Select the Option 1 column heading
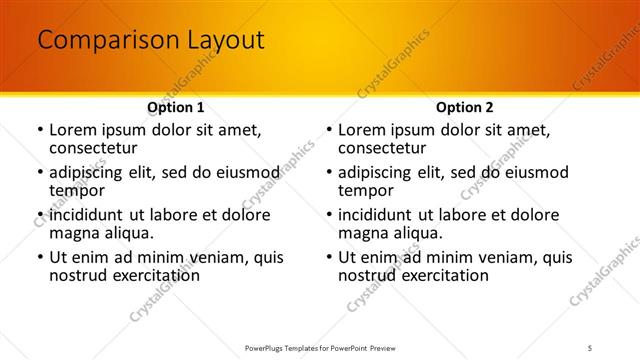click(176, 107)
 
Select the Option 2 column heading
click(465, 107)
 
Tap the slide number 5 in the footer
click(590, 348)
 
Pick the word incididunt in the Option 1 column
click(91, 215)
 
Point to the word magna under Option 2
click(362, 233)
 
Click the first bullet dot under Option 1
click(39, 130)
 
